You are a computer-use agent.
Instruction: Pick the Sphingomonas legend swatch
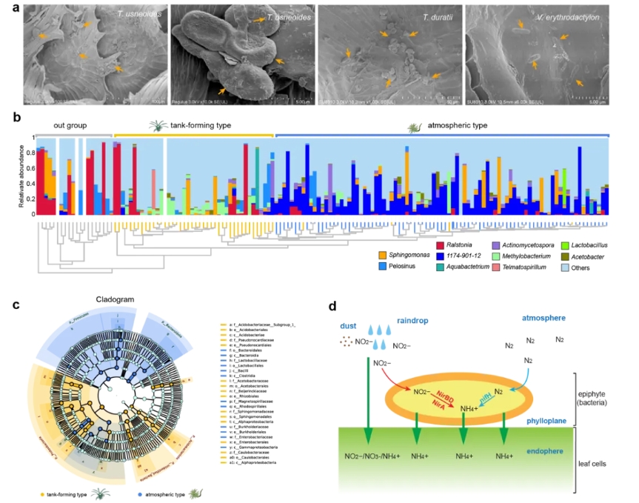pyautogui.click(x=383, y=255)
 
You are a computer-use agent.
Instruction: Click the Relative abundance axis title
pyautogui.click(x=20, y=176)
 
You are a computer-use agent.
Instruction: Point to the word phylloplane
pyautogui.click(x=547, y=420)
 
